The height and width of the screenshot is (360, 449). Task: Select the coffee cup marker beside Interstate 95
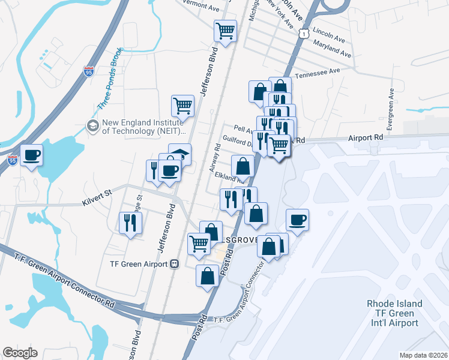coord(32,156)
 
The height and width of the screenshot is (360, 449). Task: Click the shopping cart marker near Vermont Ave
coord(225,31)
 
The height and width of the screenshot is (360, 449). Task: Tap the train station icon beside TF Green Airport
coord(175,263)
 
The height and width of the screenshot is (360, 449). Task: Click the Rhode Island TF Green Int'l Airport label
coord(394,313)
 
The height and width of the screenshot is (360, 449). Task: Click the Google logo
coord(20,353)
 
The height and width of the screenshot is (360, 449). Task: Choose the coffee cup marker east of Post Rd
coord(297,220)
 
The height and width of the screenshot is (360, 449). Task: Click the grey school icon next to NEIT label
coord(93,126)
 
